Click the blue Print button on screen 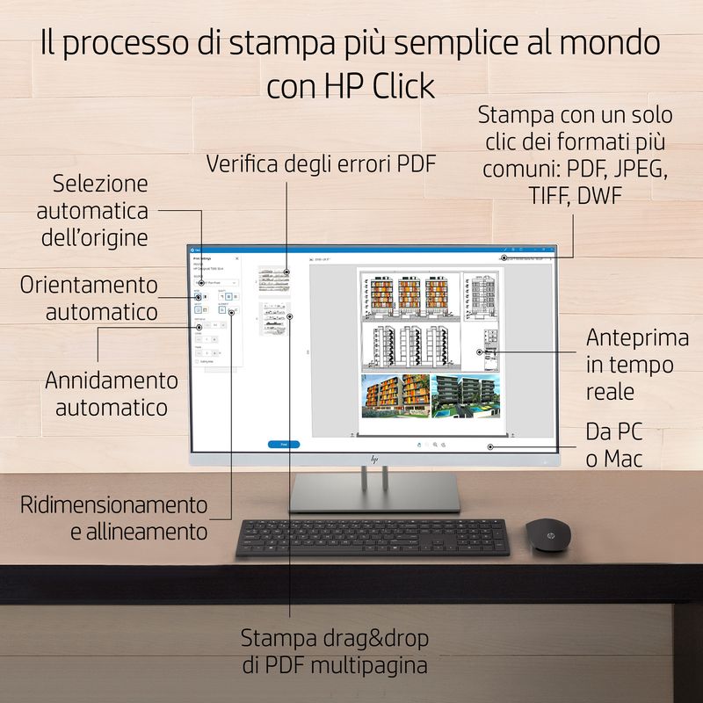click(x=284, y=445)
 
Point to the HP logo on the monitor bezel click(x=374, y=459)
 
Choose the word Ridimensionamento click(x=114, y=505)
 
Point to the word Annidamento click(x=112, y=381)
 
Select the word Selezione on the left click(x=99, y=185)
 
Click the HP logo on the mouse click(x=547, y=526)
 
